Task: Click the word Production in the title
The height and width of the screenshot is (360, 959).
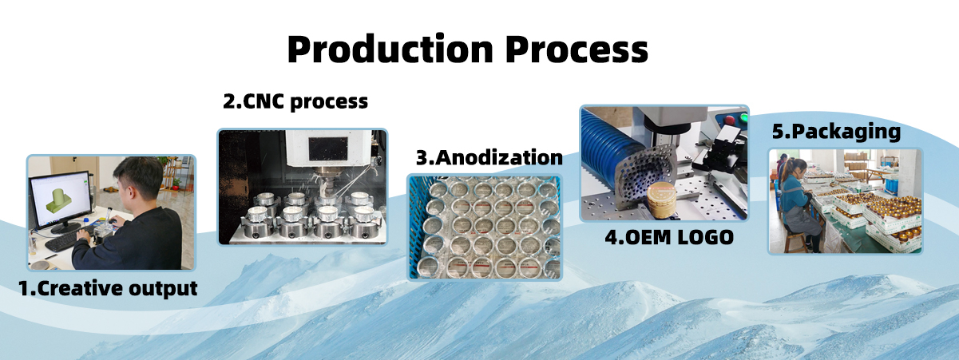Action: tap(390, 49)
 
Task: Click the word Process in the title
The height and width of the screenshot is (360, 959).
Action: tap(577, 49)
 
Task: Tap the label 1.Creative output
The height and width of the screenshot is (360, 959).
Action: tap(108, 288)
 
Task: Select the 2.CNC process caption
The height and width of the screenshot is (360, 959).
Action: tap(295, 102)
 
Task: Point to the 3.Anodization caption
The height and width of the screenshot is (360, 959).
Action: tap(489, 157)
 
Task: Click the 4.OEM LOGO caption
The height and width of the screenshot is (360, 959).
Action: tap(669, 237)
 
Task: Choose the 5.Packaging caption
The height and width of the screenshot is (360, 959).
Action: tap(836, 132)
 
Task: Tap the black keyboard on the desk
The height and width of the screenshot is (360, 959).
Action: tap(66, 240)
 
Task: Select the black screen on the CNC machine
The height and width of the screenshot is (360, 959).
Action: tap(328, 149)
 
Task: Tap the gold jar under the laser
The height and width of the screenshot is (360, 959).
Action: tap(661, 199)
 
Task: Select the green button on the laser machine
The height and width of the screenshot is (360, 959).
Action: tap(744, 117)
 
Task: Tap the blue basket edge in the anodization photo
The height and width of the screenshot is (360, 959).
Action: tap(414, 227)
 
